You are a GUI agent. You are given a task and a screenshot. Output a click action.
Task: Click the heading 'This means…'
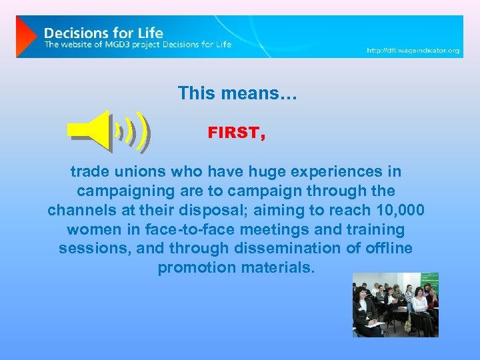(237, 93)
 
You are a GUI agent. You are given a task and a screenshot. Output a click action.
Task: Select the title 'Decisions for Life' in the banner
(103, 32)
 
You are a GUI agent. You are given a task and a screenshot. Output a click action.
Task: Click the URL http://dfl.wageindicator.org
(413, 51)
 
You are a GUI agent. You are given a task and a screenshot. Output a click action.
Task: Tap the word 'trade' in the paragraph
(89, 172)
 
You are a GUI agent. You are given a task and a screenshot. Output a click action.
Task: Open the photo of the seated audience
(395, 304)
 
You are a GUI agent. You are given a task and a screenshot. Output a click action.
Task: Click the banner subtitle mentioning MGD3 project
(138, 45)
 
